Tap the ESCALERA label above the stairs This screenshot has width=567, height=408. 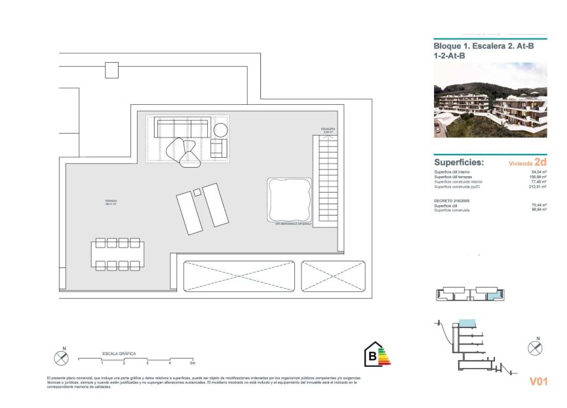tap(328, 130)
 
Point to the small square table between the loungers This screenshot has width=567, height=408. tap(197, 192)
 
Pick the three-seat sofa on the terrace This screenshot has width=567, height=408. tap(182, 127)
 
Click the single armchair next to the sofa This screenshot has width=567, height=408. tap(218, 148)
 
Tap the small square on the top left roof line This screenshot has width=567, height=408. tap(111, 69)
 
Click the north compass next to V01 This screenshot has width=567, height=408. tap(536, 346)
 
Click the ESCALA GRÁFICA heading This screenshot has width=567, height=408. tap(119, 353)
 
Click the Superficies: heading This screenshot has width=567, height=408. tap(459, 162)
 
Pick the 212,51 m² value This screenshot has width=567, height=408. tap(538, 187)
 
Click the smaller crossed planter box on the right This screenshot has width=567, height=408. tap(333, 276)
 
